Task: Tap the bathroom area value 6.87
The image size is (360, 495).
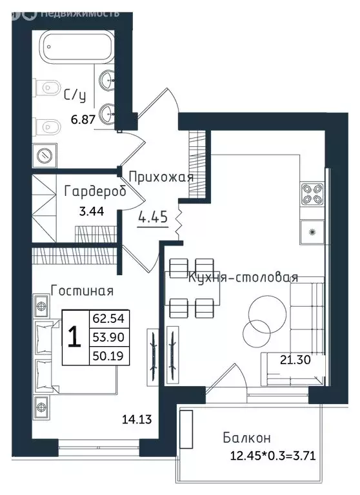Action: coord(83,120)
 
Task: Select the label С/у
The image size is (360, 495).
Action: coord(75,95)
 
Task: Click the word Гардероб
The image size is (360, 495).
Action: coord(95,191)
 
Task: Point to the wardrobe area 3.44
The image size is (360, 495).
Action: coord(92,211)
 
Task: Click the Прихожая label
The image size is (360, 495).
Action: coord(161,177)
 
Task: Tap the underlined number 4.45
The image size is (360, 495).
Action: coord(153,217)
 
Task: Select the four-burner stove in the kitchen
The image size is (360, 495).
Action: coord(312,194)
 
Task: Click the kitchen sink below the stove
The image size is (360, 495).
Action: coord(312,232)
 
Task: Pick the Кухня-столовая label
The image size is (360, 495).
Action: coord(243,278)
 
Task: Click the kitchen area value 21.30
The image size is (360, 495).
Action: coord(295,360)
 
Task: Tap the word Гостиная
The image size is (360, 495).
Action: coord(82,291)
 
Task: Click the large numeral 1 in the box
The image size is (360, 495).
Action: coord(75,337)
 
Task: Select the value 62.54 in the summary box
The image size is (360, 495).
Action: coord(108,318)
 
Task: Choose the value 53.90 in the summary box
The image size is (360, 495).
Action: coord(108,338)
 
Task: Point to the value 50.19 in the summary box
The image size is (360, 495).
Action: coord(108,356)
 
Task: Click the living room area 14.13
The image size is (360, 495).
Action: coord(137,420)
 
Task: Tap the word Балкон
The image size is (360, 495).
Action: coord(246,438)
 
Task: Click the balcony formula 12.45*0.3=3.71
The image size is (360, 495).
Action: coord(273,456)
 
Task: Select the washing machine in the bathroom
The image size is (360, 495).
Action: coord(45,155)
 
